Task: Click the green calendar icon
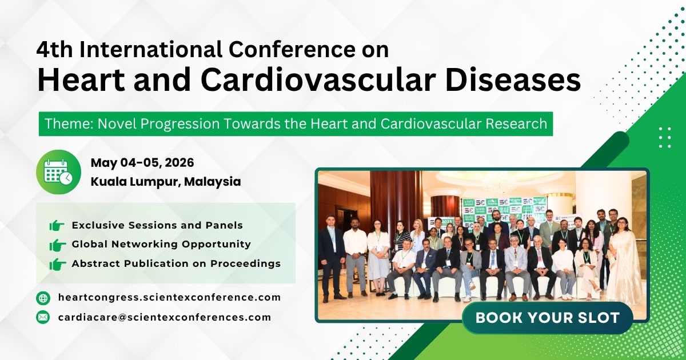tap(58, 172)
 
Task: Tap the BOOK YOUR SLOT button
tap(547, 318)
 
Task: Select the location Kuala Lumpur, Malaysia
tap(165, 182)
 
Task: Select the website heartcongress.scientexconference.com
tap(169, 297)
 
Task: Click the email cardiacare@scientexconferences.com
tap(164, 317)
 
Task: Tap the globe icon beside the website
tap(43, 298)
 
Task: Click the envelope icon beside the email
tap(43, 317)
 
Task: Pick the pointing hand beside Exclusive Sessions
tap(57, 226)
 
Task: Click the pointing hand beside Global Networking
tap(57, 245)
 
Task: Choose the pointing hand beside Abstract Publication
tap(57, 264)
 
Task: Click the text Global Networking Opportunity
tap(161, 245)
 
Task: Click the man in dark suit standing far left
tap(331, 254)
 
